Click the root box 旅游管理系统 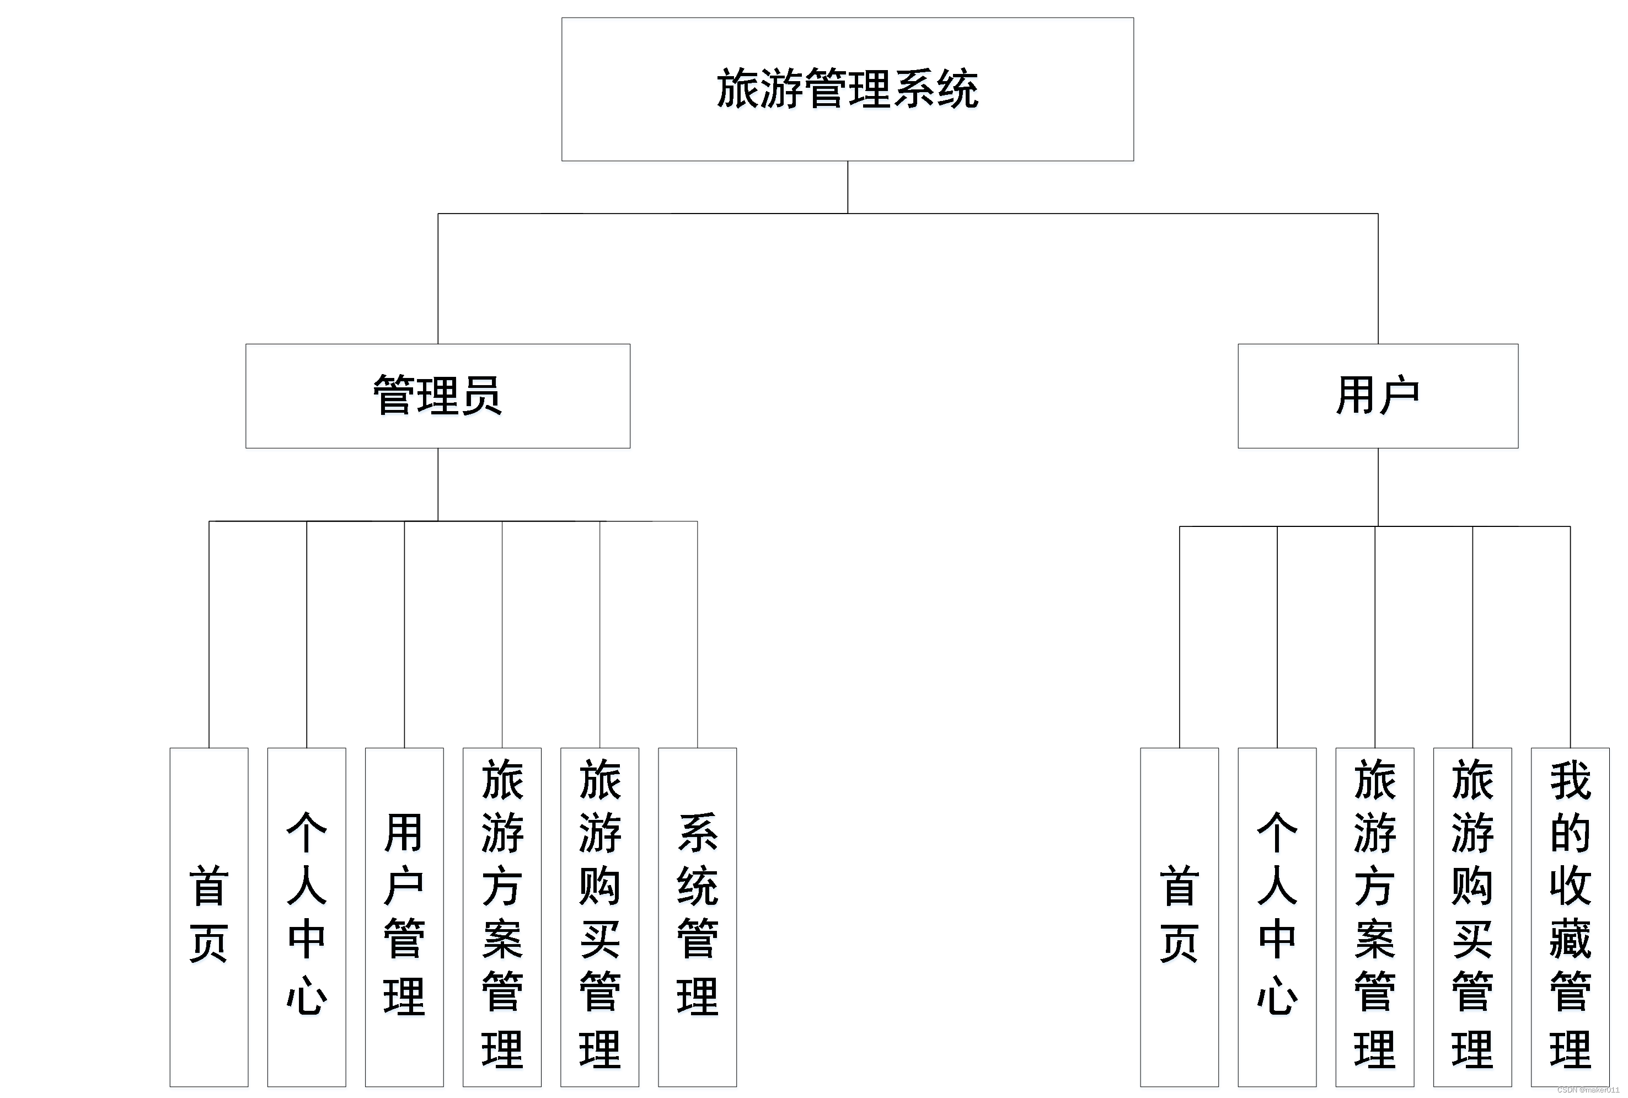pyautogui.click(x=847, y=89)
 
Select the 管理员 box pyautogui.click(x=437, y=396)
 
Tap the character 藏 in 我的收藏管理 pyautogui.click(x=1570, y=939)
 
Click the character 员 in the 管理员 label pyautogui.click(x=481, y=396)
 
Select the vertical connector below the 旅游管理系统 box pyautogui.click(x=848, y=187)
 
